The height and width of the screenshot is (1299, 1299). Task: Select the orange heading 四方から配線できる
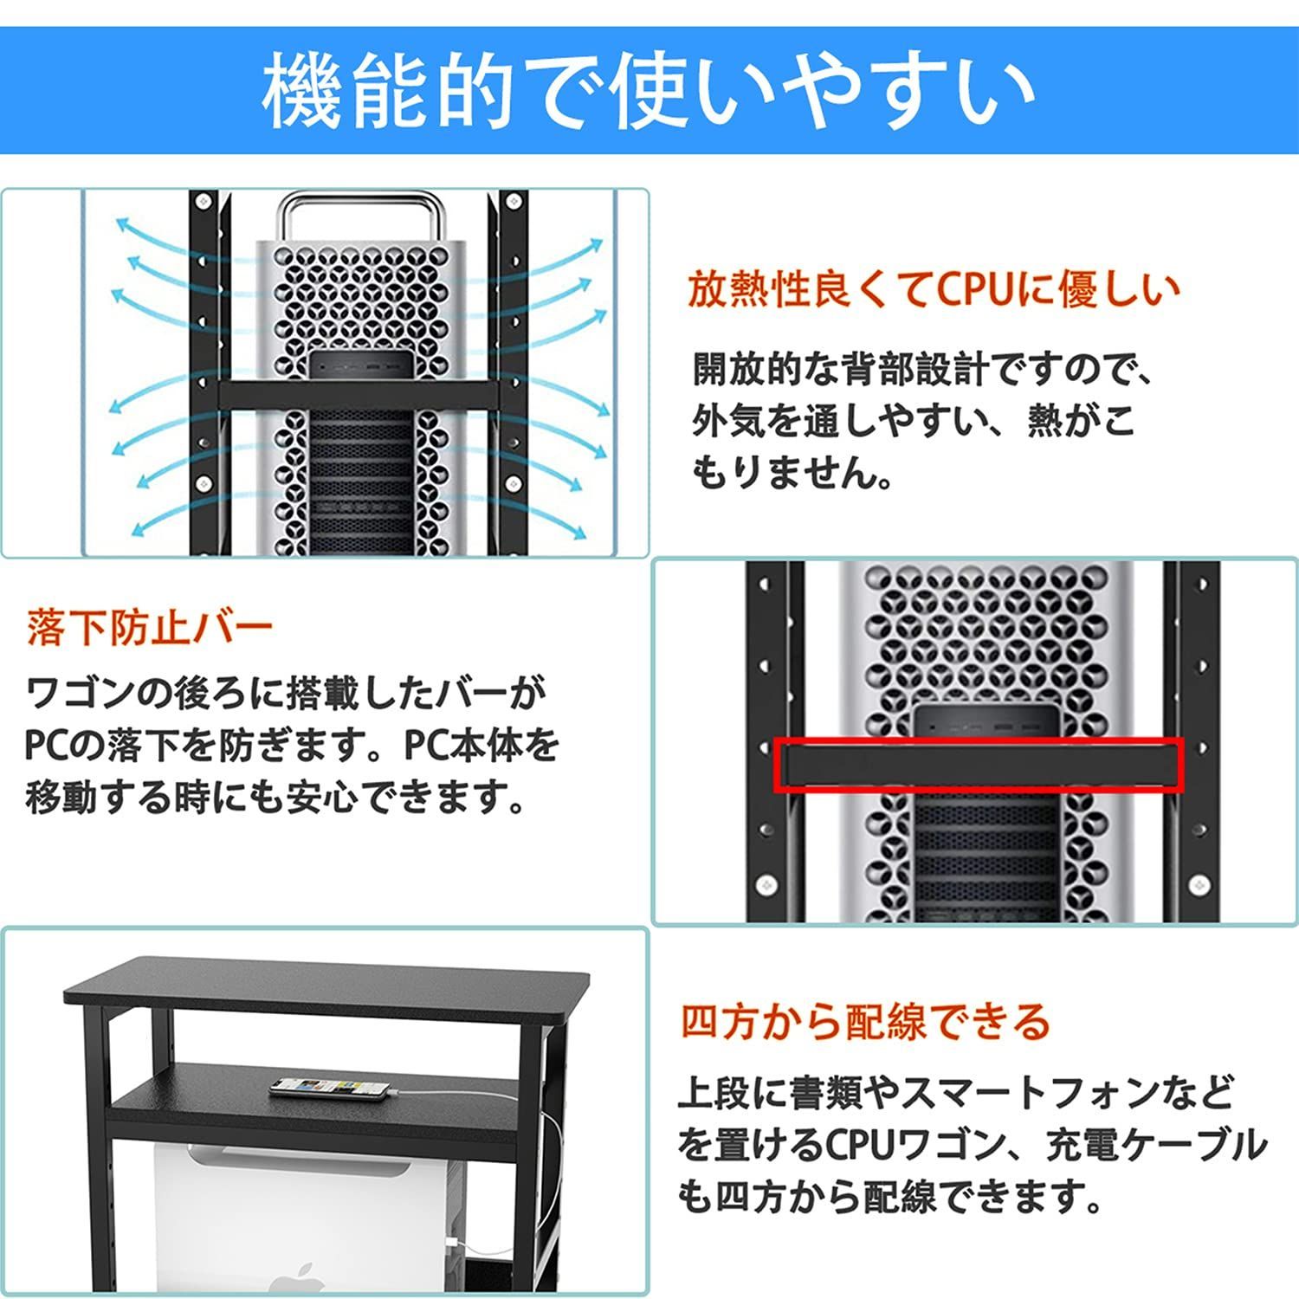864,1022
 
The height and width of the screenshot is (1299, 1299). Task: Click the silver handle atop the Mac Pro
361,216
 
